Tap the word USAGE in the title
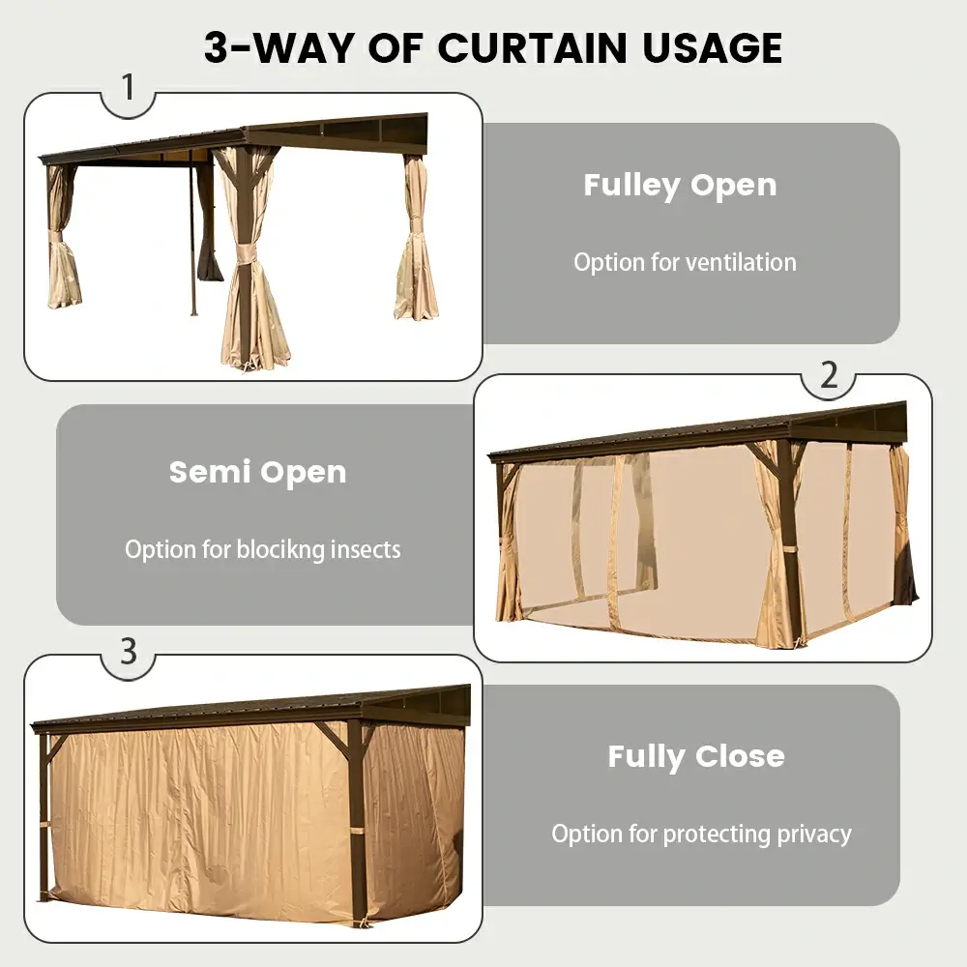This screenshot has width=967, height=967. point(712,48)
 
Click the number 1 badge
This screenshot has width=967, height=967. point(129,87)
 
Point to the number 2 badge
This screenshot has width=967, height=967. point(830,375)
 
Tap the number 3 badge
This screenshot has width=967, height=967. point(129,651)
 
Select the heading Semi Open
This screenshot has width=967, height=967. point(258,473)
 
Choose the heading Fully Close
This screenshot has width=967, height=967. point(696,757)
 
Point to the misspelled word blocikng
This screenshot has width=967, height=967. point(280,550)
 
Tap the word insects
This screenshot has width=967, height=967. point(366,549)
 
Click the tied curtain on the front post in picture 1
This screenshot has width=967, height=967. point(250,259)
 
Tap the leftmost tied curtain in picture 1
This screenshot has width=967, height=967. point(62,238)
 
